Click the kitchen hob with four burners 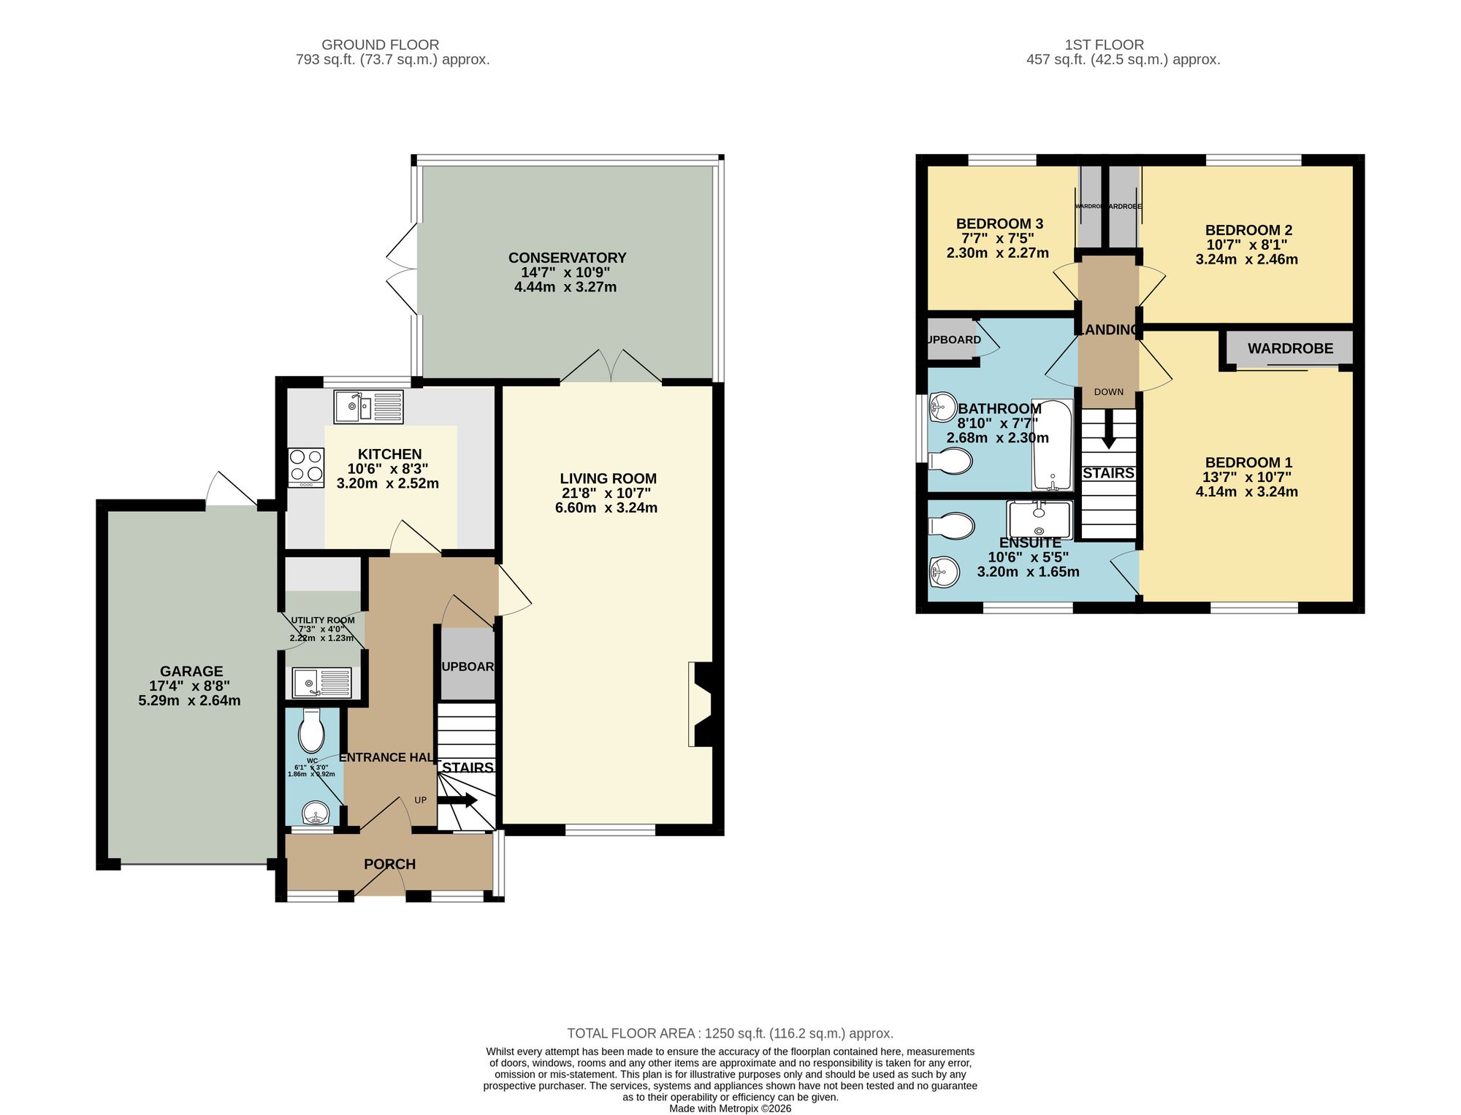click(306, 467)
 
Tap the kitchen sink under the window click(368, 407)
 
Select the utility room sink click(321, 683)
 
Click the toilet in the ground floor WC click(312, 731)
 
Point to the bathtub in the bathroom click(1052, 445)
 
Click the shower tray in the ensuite click(1039, 520)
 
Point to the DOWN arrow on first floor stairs click(1108, 432)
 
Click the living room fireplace click(701, 704)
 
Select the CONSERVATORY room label click(567, 258)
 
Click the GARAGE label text click(191, 671)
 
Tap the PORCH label click(389, 864)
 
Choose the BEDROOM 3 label click(999, 223)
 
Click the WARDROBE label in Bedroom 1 click(1290, 348)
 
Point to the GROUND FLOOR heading click(380, 45)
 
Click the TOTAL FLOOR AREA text click(633, 1033)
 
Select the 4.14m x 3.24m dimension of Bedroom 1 click(1246, 491)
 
